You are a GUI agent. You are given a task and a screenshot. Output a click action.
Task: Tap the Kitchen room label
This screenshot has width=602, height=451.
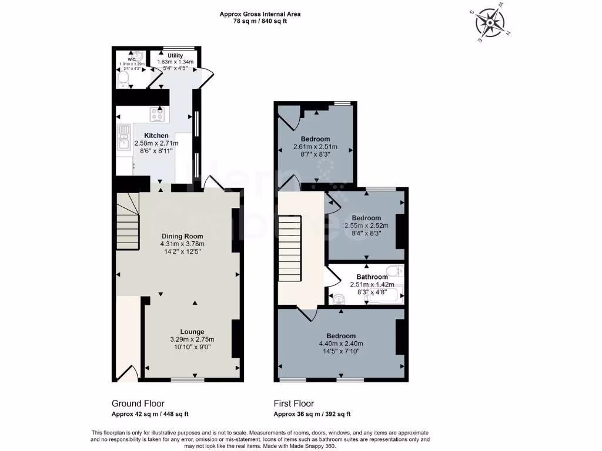point(156,136)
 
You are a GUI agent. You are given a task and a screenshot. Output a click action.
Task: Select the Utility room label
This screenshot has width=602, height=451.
point(175,55)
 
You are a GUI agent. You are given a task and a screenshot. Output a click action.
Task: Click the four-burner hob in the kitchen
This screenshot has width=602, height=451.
point(158,114)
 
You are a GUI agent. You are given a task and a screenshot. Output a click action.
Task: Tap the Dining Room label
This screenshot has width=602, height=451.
point(182,237)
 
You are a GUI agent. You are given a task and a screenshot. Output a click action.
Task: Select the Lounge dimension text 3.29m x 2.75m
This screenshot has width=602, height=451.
point(192,339)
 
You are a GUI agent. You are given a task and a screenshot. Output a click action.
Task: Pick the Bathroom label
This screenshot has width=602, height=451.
point(372,277)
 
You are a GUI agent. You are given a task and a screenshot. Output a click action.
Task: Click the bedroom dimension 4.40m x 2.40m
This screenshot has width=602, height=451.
point(341,344)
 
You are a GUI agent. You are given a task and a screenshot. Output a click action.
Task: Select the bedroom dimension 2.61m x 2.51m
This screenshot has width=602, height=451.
point(315,147)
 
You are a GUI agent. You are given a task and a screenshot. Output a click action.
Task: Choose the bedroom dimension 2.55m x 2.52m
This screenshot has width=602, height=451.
point(366,225)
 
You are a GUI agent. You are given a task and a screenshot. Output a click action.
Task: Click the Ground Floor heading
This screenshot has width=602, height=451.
point(138,403)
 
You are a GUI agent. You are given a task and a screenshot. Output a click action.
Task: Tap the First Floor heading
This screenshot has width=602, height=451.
point(293,403)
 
